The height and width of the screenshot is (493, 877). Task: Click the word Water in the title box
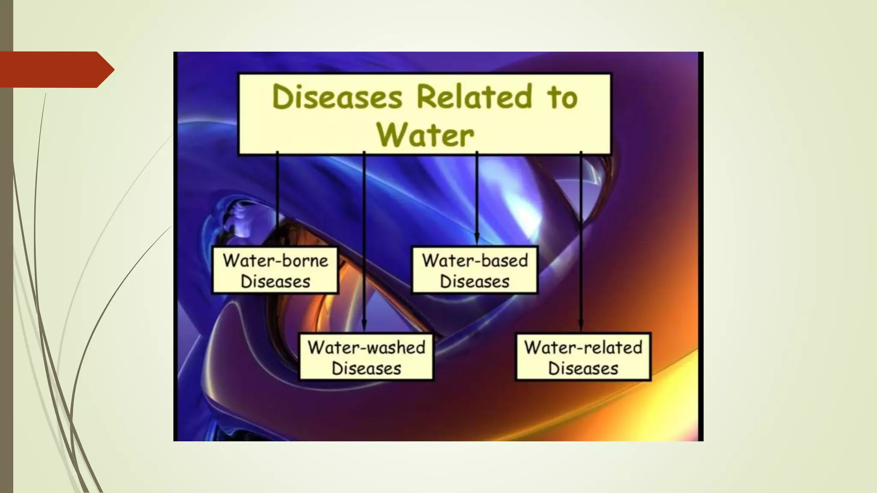click(425, 135)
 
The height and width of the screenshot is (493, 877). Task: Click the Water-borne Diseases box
click(275, 270)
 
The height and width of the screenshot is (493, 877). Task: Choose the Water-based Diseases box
click(474, 270)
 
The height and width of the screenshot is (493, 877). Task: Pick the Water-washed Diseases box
click(366, 357)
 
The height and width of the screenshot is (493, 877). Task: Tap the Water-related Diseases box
click(583, 357)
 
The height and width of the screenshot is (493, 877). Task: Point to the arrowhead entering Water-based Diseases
click(477, 239)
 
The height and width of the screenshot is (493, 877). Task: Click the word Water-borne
click(275, 260)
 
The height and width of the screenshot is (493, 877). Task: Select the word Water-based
click(474, 260)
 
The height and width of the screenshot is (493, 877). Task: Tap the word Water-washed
click(366, 347)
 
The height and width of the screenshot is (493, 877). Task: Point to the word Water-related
click(583, 347)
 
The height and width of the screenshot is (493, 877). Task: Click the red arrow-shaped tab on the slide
click(56, 69)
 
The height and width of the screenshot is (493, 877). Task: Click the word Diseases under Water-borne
click(275, 282)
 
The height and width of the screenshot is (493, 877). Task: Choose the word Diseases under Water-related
click(583, 368)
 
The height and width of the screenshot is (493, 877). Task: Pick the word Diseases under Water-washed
click(366, 368)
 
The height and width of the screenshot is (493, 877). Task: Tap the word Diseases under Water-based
click(474, 282)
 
